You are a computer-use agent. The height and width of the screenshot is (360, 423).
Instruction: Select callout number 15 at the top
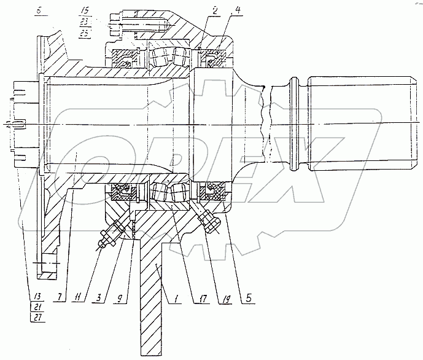click(x=84, y=11)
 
